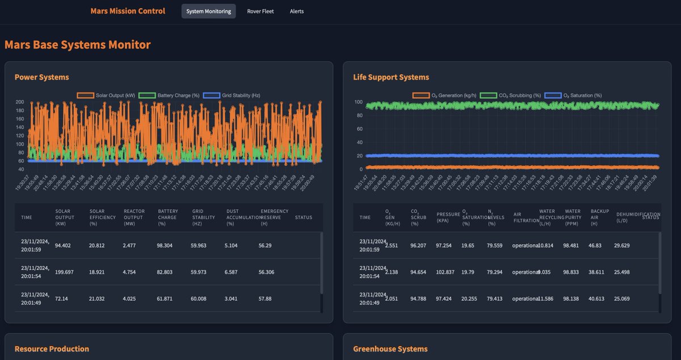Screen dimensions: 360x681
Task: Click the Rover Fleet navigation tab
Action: (260, 11)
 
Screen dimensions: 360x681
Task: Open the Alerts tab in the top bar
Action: (297, 11)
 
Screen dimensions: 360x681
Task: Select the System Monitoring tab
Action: (208, 11)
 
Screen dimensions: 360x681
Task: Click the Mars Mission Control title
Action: (128, 11)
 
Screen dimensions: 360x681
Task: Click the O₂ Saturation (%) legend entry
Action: (573, 95)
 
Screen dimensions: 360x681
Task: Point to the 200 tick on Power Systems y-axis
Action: (20, 102)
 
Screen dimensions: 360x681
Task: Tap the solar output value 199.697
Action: (66, 272)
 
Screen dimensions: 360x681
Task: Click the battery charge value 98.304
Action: (168, 245)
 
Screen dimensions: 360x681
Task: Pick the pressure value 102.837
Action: (448, 272)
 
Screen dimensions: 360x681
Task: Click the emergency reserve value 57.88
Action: (267, 299)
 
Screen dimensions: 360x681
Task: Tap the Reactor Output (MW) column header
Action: (134, 217)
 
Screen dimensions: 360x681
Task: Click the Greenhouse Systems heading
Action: (390, 349)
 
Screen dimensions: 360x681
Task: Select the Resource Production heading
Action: (52, 349)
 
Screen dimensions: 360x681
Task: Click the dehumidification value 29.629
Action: (627, 245)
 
